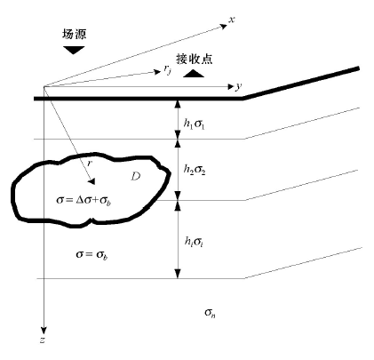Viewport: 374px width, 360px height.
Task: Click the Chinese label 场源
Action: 74,34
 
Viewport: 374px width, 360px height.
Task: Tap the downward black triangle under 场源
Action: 74,50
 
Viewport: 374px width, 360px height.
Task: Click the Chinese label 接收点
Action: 195,59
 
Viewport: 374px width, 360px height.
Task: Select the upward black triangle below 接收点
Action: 194,74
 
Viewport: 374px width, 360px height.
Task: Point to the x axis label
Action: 232,20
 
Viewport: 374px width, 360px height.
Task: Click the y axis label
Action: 238,87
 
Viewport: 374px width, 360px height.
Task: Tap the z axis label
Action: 43,340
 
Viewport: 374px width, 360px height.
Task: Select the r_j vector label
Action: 168,69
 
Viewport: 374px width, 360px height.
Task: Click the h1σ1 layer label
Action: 194,124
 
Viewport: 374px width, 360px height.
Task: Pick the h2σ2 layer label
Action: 195,170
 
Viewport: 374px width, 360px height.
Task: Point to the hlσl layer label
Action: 194,242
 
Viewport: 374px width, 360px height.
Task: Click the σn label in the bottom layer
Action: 210,313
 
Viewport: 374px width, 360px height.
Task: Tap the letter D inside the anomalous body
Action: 136,177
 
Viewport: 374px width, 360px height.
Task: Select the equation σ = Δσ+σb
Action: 84,200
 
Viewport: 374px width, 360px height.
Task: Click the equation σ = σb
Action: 92,254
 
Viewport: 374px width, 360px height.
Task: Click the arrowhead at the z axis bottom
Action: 44,331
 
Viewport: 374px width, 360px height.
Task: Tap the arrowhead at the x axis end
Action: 224,27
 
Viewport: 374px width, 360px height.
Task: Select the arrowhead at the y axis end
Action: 230,86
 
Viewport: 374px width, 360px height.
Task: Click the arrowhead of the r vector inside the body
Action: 92,181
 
